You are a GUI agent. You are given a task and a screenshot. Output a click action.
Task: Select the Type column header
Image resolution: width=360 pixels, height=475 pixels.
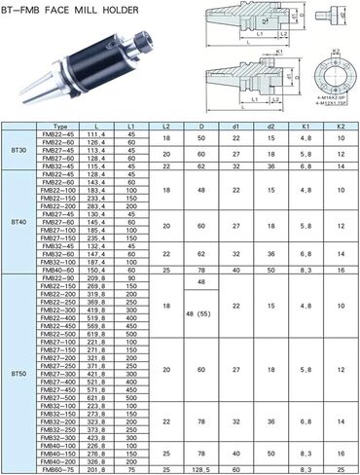click(x=60, y=127)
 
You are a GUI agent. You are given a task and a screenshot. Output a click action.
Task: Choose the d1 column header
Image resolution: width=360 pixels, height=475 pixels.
click(x=236, y=127)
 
